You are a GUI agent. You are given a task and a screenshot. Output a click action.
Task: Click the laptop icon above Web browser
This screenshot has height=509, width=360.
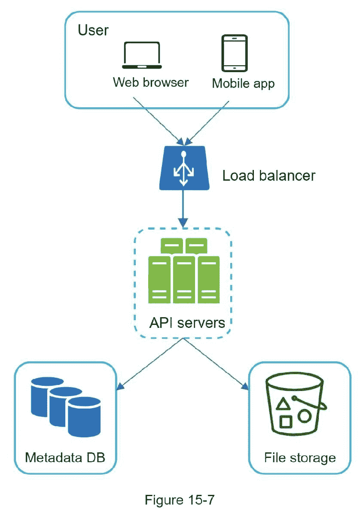(x=142, y=55)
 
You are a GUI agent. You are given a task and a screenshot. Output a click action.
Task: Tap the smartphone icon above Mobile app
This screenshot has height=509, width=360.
(x=234, y=53)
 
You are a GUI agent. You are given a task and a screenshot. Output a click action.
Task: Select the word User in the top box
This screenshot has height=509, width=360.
(x=93, y=30)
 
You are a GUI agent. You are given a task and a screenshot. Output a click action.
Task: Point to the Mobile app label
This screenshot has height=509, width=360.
(x=243, y=83)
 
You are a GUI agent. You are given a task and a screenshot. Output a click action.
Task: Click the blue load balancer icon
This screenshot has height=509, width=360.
(x=183, y=168)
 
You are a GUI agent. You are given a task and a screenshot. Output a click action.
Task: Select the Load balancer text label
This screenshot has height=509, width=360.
(x=268, y=176)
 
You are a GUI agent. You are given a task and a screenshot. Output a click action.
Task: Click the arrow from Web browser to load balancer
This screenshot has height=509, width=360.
(x=158, y=120)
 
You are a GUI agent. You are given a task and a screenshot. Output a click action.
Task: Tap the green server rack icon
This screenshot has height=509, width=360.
(x=183, y=270)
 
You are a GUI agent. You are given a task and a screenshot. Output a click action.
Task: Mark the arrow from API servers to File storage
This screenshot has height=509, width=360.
(x=217, y=363)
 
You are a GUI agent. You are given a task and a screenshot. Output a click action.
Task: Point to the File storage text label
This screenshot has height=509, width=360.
(x=300, y=457)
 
